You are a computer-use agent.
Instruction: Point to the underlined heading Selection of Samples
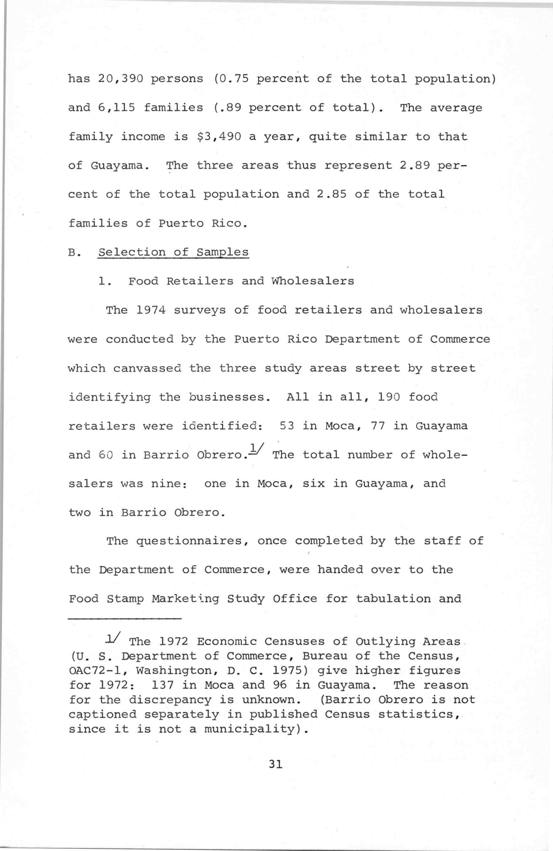coord(173,252)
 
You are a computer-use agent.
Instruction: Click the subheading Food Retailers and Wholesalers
coord(241,281)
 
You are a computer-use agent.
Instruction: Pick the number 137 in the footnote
coord(163,686)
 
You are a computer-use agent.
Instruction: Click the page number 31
coord(276,764)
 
